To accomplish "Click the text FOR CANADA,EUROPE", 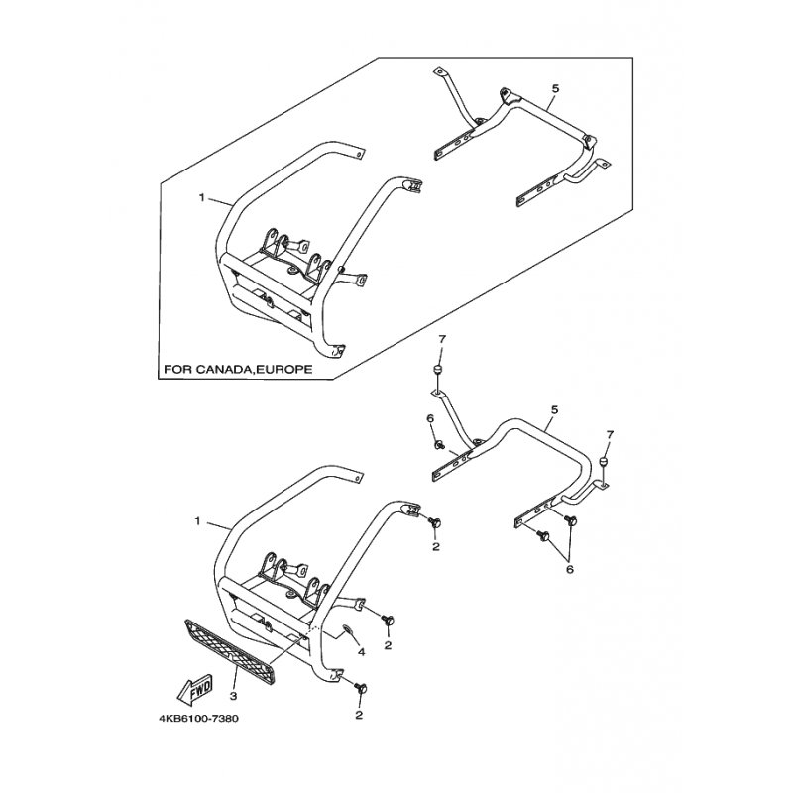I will [x=238, y=369].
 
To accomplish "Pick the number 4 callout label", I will [x=362, y=651].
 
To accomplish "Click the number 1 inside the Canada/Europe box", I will [x=201, y=198].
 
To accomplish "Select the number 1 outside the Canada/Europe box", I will [x=201, y=520].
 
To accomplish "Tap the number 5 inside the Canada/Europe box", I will [x=556, y=89].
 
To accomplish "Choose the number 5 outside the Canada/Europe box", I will [x=554, y=408].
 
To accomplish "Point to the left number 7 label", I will [x=443, y=340].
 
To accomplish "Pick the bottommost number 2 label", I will [x=359, y=714].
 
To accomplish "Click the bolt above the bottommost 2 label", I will [x=360, y=687].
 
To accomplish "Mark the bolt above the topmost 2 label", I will [x=435, y=520].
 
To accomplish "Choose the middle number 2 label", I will [x=389, y=645].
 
